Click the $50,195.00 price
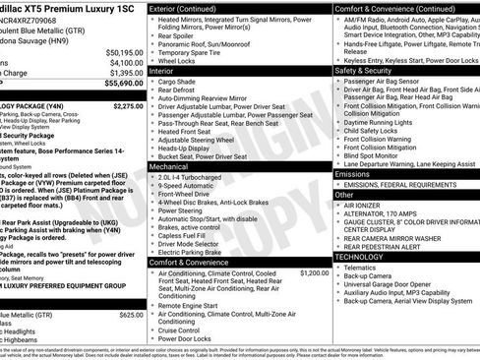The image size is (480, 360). coord(124,51)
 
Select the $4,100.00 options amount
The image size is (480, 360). coord(126,62)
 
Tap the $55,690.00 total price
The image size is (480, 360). coord(124,84)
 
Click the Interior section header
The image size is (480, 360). coord(163,71)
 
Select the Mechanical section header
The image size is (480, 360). coord(169,167)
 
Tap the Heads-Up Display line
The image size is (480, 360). coord(193,148)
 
